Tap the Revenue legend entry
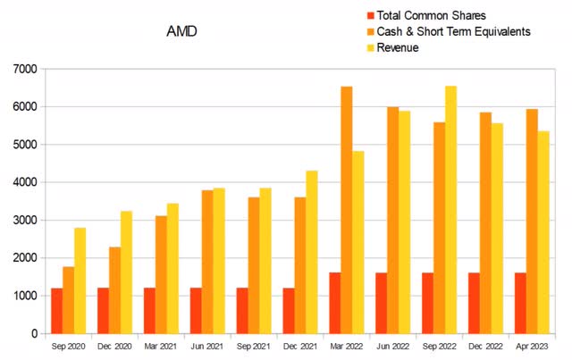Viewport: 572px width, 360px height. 398,47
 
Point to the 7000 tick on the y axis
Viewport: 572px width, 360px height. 25,69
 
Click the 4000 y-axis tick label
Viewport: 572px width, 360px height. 25,182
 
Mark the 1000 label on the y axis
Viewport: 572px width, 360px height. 25,296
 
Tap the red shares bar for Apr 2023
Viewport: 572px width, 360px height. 521,303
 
